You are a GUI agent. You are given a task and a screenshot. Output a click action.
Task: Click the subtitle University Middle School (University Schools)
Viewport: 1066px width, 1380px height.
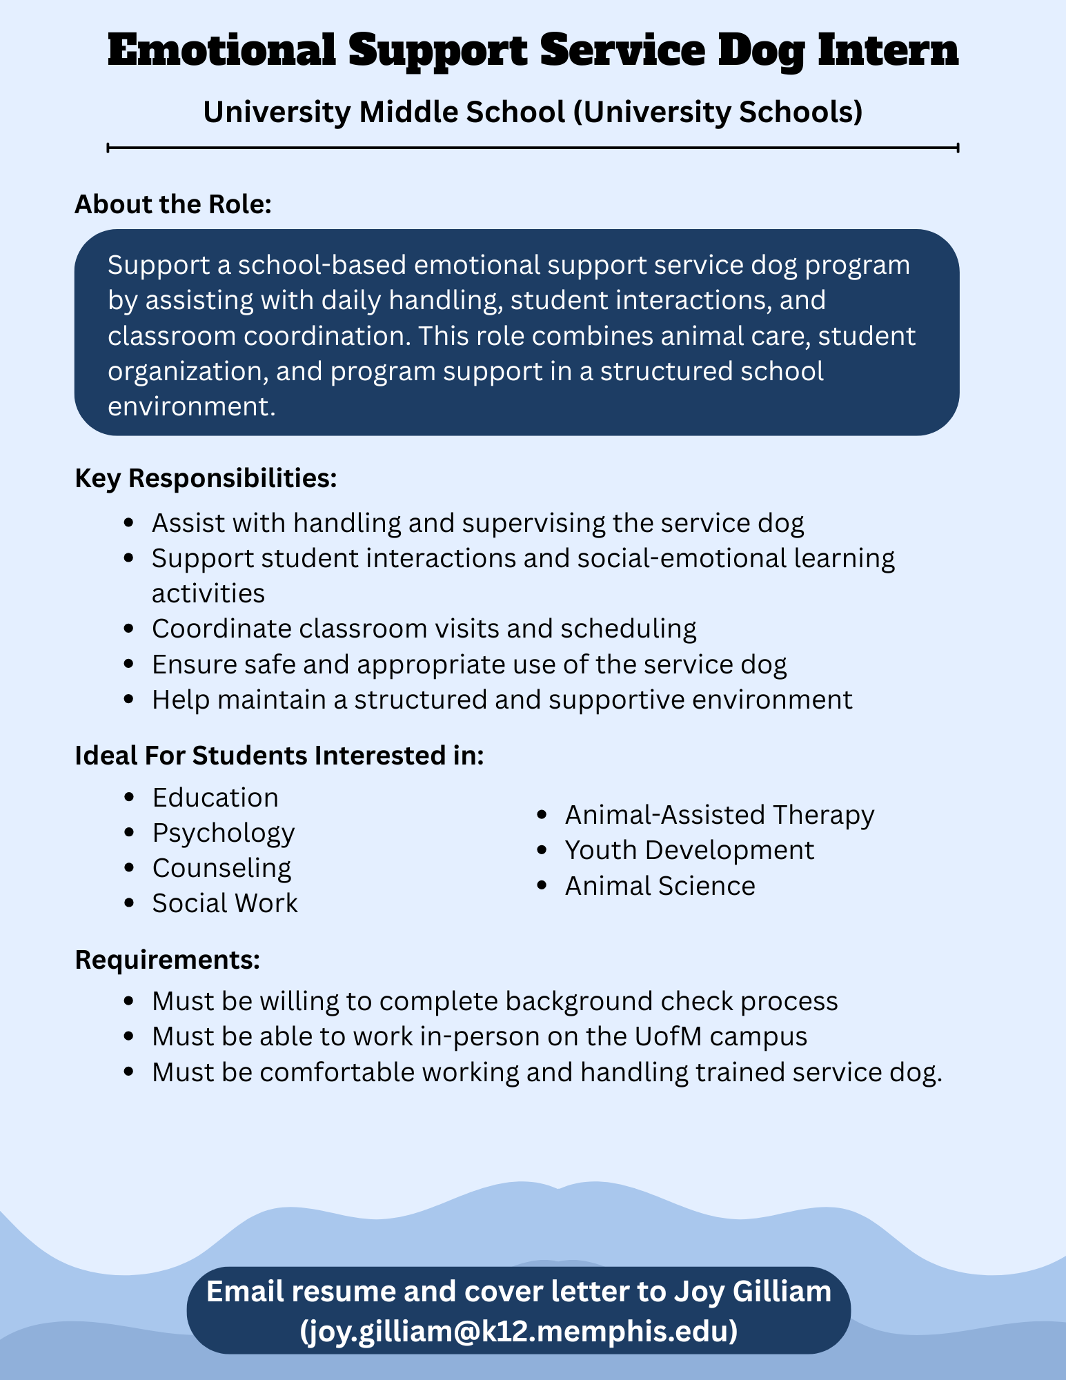click(x=533, y=112)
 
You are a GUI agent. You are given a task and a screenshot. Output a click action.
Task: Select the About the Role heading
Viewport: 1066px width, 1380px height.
click(x=173, y=205)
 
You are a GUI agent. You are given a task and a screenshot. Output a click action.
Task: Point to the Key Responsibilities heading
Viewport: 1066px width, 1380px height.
click(x=206, y=478)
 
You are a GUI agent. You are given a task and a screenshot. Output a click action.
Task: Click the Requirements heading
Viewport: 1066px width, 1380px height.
click(x=167, y=960)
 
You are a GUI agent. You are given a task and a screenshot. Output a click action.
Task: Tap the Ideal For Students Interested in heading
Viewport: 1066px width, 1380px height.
click(x=279, y=756)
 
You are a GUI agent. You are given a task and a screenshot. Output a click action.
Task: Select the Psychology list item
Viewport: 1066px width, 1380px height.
click(x=224, y=833)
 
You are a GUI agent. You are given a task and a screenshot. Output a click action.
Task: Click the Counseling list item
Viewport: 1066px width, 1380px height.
click(x=221, y=868)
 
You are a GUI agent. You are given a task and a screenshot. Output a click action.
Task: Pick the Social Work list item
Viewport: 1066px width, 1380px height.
click(x=225, y=903)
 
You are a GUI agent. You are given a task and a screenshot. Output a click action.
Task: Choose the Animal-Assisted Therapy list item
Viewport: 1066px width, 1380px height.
click(x=720, y=815)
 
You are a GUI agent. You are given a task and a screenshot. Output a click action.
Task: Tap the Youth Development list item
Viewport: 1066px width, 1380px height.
click(x=689, y=850)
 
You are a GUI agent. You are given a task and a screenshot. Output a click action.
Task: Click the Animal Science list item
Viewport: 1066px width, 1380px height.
click(x=660, y=886)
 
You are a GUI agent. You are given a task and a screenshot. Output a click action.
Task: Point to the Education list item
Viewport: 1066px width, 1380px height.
click(x=215, y=798)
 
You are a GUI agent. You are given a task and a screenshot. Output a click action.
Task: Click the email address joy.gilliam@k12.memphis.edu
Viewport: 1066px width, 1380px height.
click(x=519, y=1331)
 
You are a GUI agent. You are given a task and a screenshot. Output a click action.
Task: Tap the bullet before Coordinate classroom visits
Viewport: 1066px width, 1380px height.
click(x=128, y=629)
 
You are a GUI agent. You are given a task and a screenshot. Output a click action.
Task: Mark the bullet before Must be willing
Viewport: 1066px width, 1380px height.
click(x=128, y=1001)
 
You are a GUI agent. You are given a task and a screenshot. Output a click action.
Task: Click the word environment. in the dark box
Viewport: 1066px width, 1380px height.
click(x=192, y=406)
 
